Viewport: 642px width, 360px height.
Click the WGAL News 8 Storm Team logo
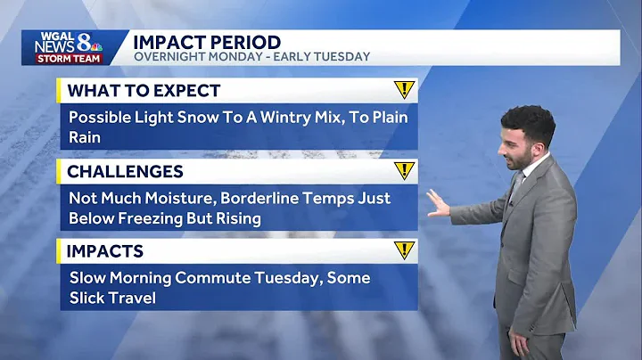pyautogui.click(x=69, y=47)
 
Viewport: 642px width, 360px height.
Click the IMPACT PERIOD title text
pyautogui.click(x=207, y=42)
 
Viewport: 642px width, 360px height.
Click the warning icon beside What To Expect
pyautogui.click(x=405, y=90)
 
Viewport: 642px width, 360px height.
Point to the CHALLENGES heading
pyautogui.click(x=125, y=171)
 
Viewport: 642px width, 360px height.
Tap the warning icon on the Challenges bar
pyautogui.click(x=405, y=171)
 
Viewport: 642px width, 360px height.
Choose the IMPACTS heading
pyautogui.click(x=105, y=251)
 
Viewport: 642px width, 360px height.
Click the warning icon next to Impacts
pyautogui.click(x=405, y=251)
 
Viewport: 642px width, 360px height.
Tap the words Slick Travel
pyautogui.click(x=112, y=298)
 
